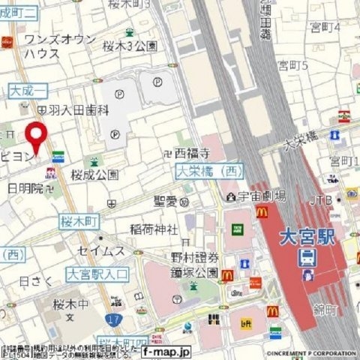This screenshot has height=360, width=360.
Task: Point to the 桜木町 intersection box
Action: coord(79,223)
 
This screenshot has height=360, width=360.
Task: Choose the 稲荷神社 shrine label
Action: coord(153,229)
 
